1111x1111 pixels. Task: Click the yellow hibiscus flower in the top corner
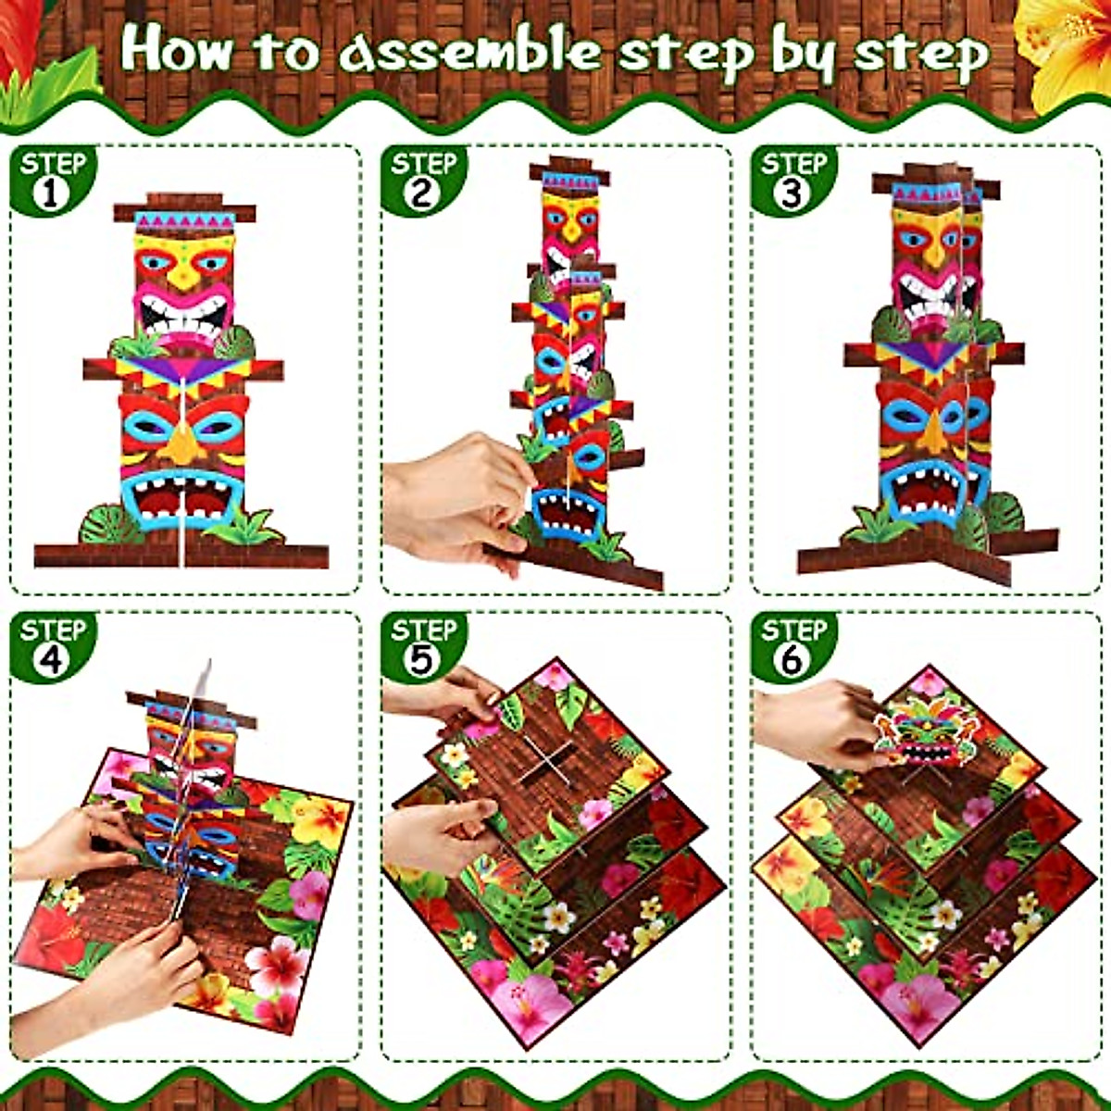point(1065,46)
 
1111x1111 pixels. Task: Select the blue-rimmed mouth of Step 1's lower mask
point(183,500)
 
